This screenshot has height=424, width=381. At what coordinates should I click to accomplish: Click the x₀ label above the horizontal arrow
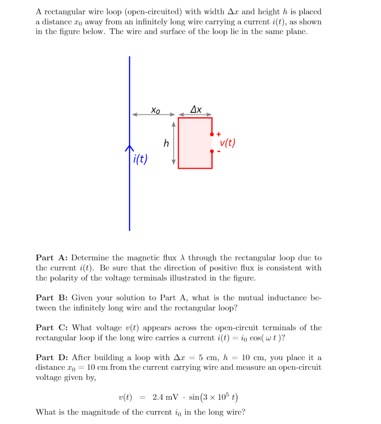pyautogui.click(x=155, y=109)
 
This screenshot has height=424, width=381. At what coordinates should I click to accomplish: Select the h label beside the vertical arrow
pyautogui.click(x=166, y=143)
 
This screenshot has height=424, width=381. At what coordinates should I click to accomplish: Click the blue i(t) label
pyautogui.click(x=140, y=159)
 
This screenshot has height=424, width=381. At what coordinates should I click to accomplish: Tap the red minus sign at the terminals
pyautogui.click(x=219, y=152)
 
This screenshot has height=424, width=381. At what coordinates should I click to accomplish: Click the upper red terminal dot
pyautogui.click(x=212, y=134)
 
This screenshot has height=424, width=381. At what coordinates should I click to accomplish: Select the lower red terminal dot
pyautogui.click(x=212, y=151)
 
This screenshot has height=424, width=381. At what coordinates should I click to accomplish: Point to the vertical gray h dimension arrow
pyautogui.click(x=174, y=143)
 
